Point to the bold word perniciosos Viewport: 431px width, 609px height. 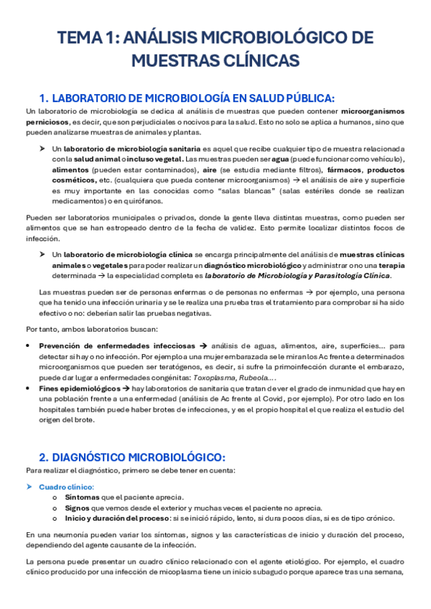click(49, 122)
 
